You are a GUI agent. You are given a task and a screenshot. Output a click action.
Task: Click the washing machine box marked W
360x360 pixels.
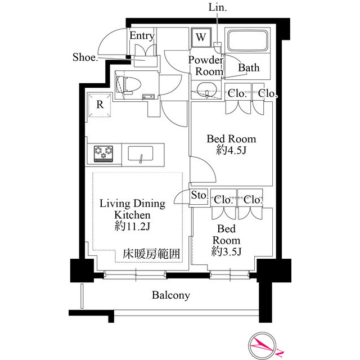click(201, 38)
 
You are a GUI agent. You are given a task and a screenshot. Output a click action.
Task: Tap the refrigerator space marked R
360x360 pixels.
click(100, 105)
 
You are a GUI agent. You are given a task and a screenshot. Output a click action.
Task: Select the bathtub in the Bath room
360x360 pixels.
click(247, 40)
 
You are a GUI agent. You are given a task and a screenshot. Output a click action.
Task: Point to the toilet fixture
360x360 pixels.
click(129, 84)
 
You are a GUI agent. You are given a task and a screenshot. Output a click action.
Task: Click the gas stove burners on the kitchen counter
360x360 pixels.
click(103, 154)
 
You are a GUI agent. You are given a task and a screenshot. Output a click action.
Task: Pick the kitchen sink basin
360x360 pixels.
click(141, 154)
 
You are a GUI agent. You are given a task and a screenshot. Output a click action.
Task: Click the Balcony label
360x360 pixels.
click(171, 295)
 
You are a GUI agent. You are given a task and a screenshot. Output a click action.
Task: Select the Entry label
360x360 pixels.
click(142, 35)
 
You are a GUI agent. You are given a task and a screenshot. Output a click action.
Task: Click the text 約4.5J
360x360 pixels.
click(231, 151)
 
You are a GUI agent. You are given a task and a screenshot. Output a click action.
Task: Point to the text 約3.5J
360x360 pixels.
click(226, 252)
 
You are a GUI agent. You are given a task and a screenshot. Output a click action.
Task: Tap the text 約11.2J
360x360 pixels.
click(133, 227)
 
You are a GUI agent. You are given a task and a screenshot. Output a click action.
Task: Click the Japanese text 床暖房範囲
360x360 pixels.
click(151, 254)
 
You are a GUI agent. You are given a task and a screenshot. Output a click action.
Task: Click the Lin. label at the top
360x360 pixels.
click(218, 7)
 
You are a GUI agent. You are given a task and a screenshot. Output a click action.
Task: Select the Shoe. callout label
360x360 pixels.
click(85, 57)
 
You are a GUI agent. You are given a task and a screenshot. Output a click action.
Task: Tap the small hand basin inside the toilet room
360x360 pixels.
click(147, 97)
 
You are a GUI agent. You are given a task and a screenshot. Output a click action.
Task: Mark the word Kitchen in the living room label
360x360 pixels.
click(133, 215)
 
